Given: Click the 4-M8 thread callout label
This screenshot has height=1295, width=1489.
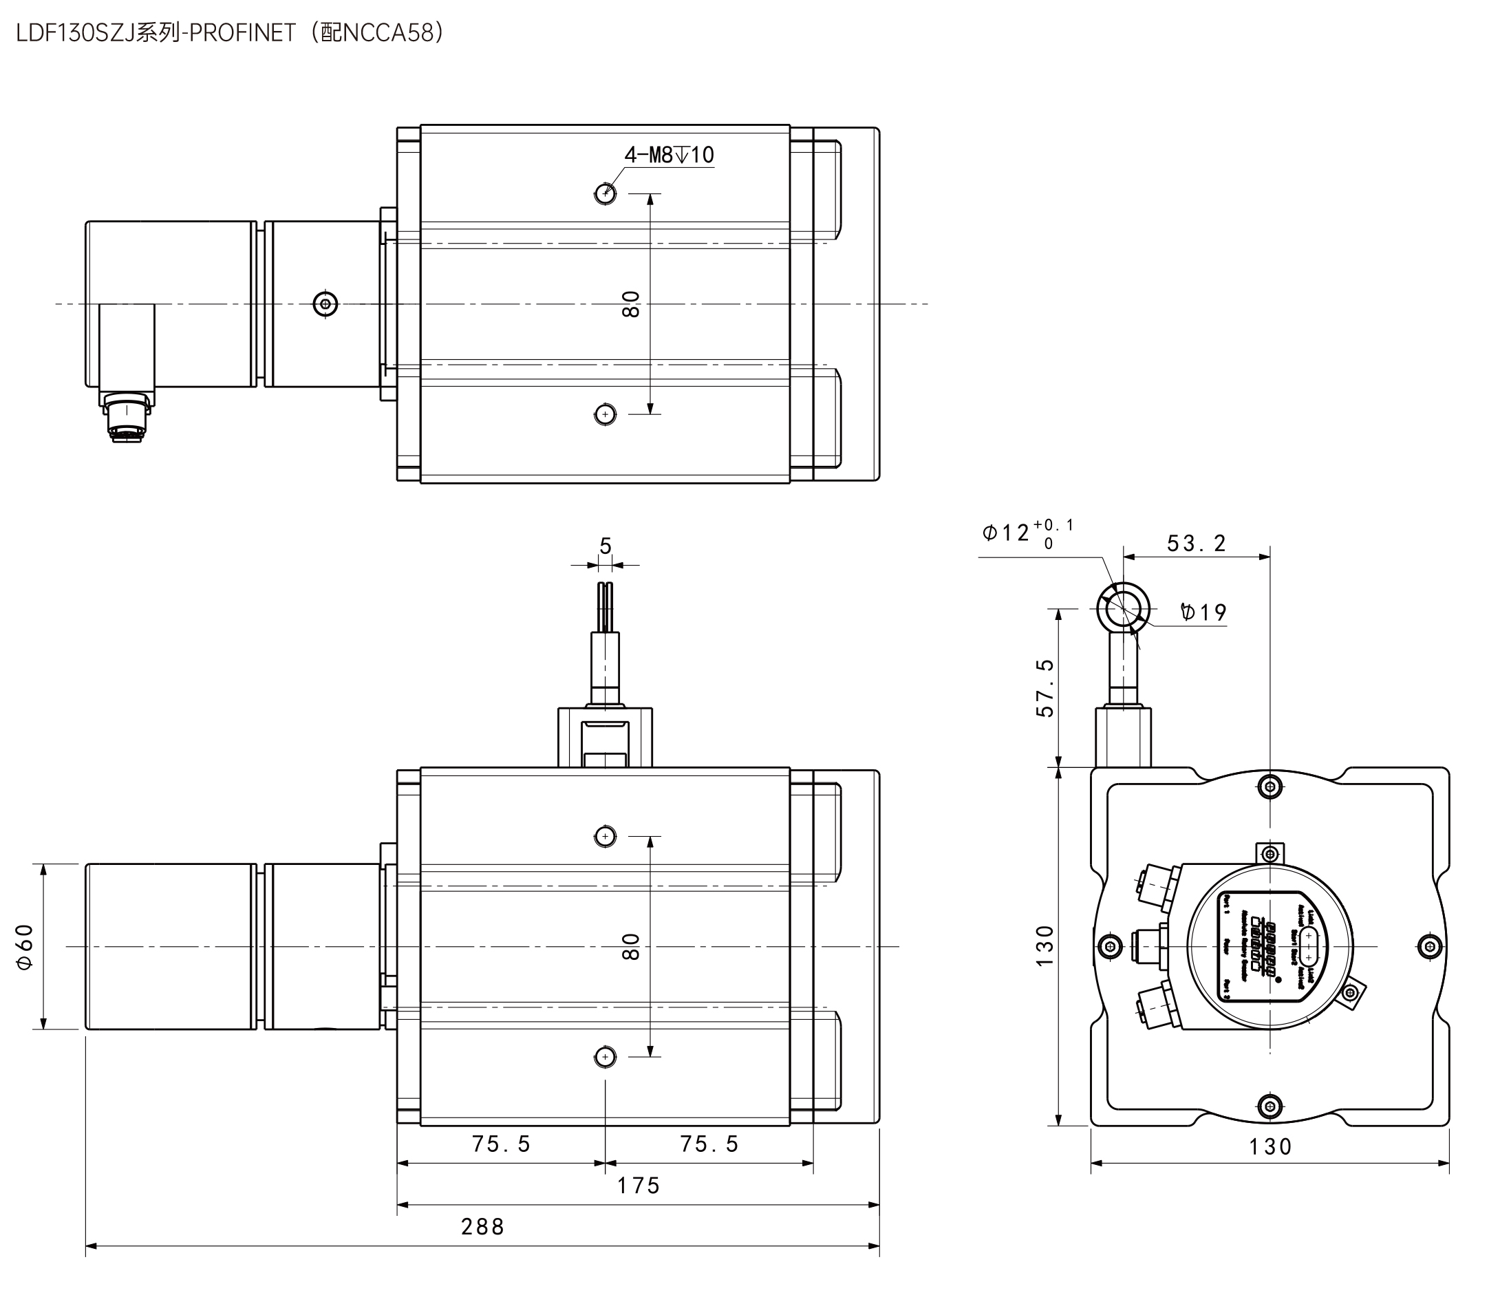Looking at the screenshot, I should point(669,155).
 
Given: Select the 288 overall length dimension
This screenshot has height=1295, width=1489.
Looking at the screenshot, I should point(482,1226).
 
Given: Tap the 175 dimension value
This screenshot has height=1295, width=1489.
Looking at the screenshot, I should point(638,1186).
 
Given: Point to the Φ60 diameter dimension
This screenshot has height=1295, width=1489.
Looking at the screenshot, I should point(25,947).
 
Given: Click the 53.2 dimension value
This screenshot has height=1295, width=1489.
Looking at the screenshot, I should point(1197,544).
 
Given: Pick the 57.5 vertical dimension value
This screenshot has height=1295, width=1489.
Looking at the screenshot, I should point(1045,687).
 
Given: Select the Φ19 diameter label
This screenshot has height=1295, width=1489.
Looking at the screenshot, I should point(1203,613).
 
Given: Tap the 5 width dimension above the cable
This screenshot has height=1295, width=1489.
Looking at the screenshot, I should point(606,546).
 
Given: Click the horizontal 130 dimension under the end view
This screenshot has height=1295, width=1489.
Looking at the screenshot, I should point(1270,1147).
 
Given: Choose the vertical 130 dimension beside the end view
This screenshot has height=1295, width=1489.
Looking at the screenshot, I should point(1045,946).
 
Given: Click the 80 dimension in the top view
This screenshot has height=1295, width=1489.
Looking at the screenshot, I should point(631,303).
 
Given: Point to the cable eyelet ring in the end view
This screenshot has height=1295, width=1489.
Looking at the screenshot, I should point(1123,608).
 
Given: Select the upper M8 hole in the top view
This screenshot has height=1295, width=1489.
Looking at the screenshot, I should point(606,193).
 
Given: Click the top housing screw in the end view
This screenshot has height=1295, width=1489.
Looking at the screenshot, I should point(1270,786).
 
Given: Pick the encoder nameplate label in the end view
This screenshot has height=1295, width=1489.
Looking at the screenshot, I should point(1270,946).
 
